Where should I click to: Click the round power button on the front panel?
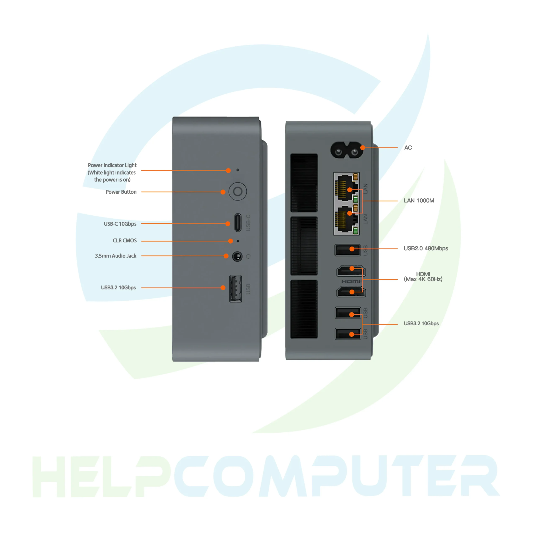click(237, 191)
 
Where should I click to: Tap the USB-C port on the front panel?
click(238, 223)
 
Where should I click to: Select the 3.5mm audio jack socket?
click(237, 256)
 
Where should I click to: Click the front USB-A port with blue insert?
click(235, 289)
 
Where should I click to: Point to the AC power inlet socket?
click(347, 150)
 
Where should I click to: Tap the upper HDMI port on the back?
click(351, 271)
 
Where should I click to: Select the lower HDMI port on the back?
click(351, 292)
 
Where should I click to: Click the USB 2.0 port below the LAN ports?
click(347, 250)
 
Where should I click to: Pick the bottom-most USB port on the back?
click(347, 334)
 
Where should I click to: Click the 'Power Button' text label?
click(121, 192)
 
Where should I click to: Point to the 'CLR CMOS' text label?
click(125, 241)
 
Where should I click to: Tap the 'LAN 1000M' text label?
click(419, 201)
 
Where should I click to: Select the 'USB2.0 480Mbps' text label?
click(426, 248)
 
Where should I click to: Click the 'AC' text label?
click(408, 148)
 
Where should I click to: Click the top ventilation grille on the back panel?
click(304, 183)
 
